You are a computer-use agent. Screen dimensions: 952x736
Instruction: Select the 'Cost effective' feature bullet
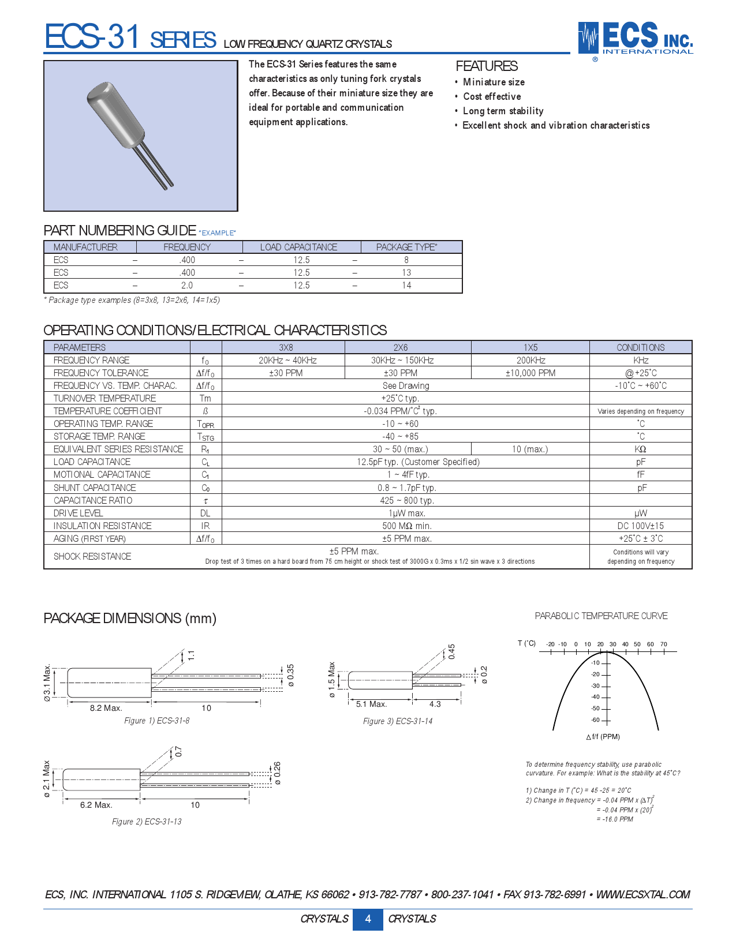tap(492, 97)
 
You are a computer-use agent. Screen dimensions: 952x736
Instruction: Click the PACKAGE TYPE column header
tap(406, 247)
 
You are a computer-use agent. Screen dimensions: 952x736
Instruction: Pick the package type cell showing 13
tap(406, 272)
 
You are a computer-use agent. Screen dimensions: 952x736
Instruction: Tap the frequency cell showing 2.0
tap(187, 285)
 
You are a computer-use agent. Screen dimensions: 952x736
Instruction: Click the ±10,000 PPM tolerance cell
tap(530, 373)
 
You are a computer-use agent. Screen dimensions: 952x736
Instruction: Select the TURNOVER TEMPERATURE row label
tap(104, 398)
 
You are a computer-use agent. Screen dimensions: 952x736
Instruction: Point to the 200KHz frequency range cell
tap(530, 360)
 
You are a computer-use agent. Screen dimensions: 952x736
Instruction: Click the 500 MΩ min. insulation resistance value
tap(406, 526)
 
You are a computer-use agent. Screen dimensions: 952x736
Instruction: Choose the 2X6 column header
tap(400, 347)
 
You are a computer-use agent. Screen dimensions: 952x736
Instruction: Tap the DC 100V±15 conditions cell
tap(640, 526)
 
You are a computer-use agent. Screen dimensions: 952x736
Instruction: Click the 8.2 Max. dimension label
tap(106, 708)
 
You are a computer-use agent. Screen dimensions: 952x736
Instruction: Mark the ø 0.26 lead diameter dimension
tap(278, 773)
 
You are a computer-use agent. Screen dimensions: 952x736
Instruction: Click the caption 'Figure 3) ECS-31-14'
tap(397, 721)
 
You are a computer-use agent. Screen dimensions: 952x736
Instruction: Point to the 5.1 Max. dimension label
tap(371, 704)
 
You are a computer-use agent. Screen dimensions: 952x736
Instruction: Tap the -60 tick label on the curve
tap(595, 720)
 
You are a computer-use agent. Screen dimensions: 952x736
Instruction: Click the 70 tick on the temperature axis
tap(664, 644)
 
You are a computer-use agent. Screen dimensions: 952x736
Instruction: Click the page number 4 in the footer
tap(368, 919)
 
